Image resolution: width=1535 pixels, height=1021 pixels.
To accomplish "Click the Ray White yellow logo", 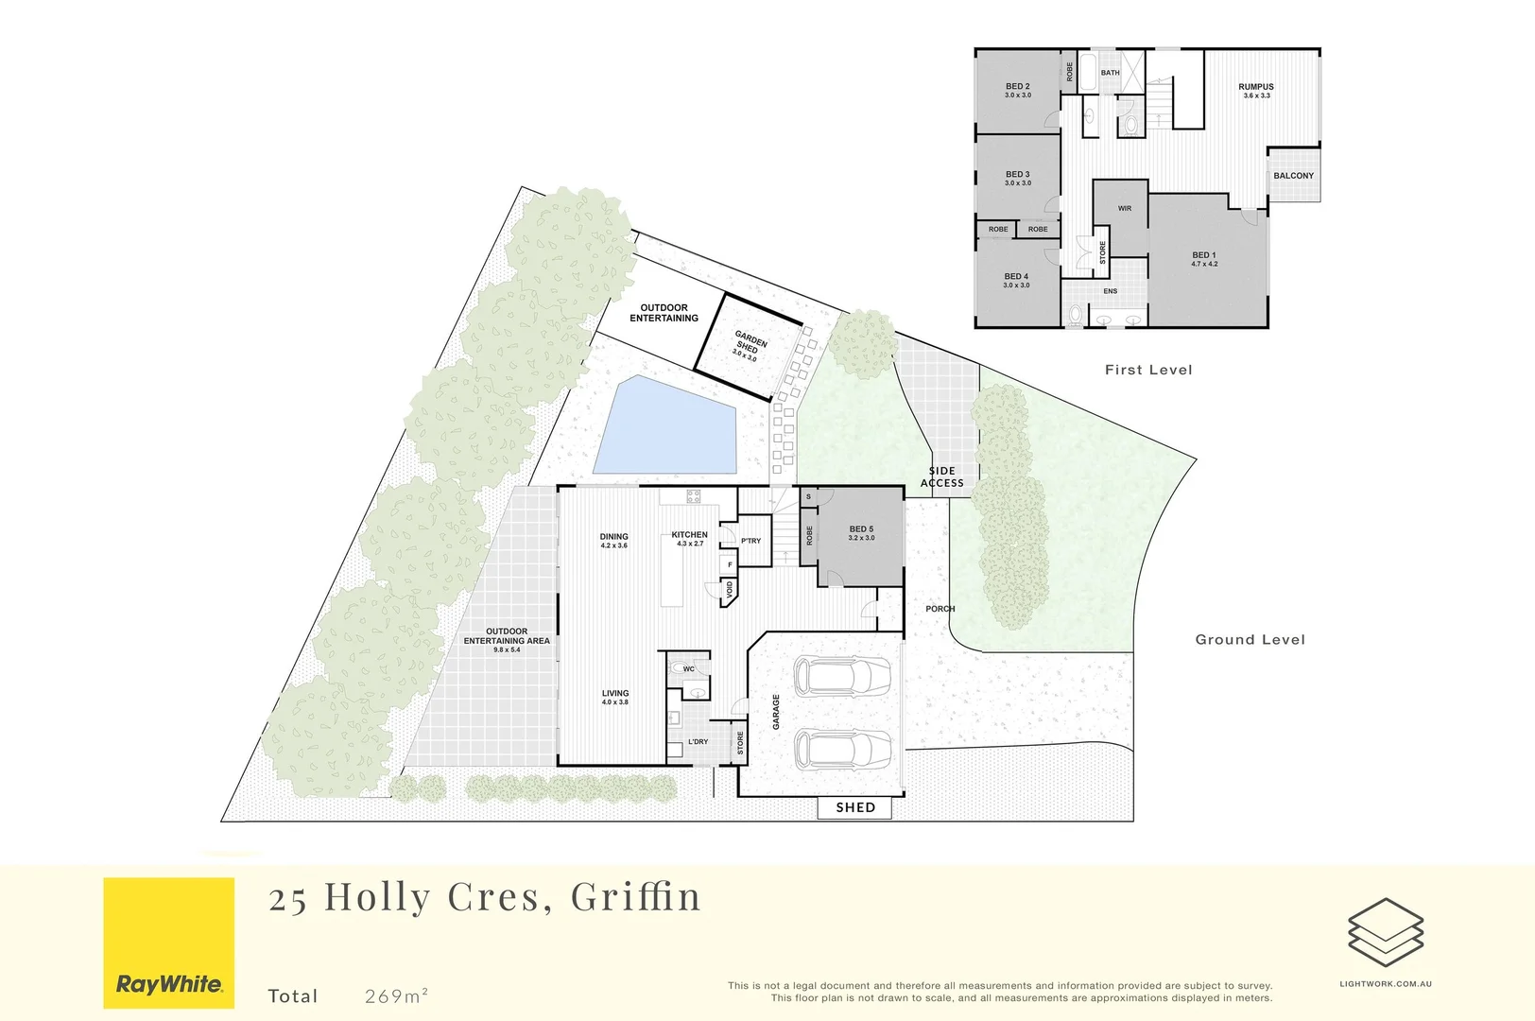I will (x=168, y=943).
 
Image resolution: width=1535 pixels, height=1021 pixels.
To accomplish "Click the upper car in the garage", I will (x=841, y=676).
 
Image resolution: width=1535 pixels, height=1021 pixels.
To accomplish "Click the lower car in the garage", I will (x=841, y=750).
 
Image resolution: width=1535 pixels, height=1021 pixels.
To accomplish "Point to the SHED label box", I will (x=855, y=807).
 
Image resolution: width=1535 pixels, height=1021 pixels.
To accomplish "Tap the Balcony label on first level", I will (x=1293, y=176).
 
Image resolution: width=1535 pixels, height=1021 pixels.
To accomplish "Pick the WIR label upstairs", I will (x=1124, y=209).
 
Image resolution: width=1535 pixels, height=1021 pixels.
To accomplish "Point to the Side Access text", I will (x=941, y=476).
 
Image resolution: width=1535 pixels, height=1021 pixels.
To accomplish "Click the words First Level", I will (x=1148, y=370).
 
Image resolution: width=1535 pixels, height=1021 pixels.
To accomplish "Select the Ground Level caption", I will (x=1250, y=640).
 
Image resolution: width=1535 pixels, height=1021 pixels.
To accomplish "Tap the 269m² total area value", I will (x=397, y=995).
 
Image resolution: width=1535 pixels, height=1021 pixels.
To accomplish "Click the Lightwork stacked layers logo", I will (x=1385, y=930).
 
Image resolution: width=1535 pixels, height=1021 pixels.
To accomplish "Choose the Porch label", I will (x=940, y=609).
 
